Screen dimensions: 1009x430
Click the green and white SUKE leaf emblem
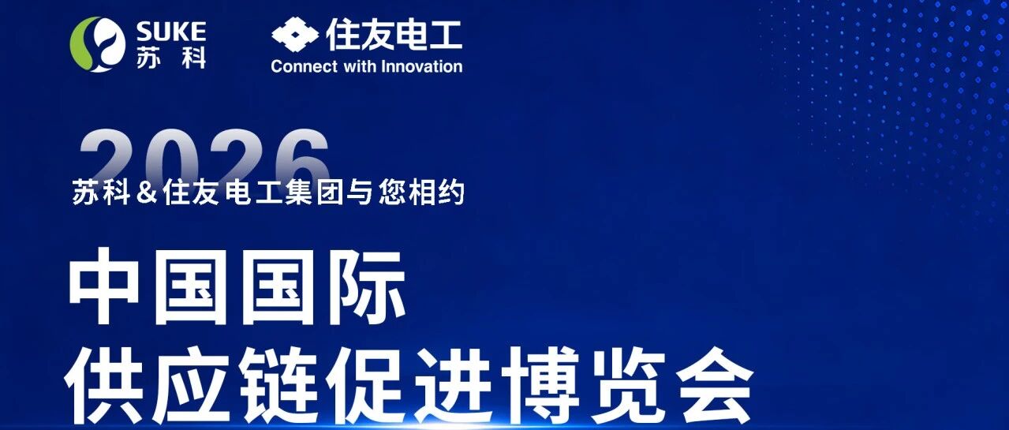(x=98, y=44)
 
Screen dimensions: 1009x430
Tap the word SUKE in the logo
(x=171, y=32)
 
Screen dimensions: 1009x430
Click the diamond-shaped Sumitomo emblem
(x=295, y=35)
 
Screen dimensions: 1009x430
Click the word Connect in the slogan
(x=304, y=67)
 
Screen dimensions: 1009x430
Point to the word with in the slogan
(x=360, y=67)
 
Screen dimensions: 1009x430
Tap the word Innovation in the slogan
(x=421, y=67)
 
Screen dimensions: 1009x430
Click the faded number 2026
(x=205, y=155)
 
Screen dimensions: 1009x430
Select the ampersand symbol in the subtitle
(x=147, y=193)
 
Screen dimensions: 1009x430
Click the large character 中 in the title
(x=103, y=286)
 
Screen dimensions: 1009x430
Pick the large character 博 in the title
(x=540, y=385)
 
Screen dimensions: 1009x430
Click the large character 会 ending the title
(x=716, y=385)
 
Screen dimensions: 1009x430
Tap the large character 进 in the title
(x=453, y=385)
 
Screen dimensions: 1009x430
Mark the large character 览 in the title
(x=629, y=385)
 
